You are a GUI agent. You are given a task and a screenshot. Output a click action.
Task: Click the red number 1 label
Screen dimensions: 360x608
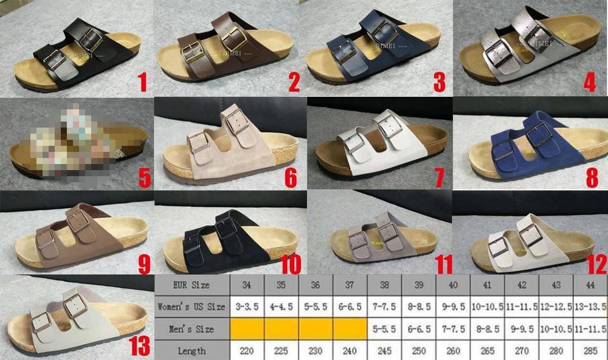pos(143,82)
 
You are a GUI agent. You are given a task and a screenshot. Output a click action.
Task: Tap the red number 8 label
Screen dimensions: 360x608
pos(591,177)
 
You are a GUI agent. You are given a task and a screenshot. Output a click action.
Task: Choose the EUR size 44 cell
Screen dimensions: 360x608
pos(590,285)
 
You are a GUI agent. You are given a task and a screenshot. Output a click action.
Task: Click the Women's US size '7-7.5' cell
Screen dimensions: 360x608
pos(384,307)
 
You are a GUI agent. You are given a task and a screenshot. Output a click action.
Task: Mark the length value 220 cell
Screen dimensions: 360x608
pos(247,350)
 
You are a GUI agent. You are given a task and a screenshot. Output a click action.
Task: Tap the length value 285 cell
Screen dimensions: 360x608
pos(590,350)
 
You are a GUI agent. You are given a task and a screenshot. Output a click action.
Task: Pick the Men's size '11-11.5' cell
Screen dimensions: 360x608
pos(590,329)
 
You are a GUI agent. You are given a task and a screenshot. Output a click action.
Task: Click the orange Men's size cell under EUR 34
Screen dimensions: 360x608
pos(247,329)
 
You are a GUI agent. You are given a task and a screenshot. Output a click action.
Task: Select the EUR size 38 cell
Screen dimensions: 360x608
pos(384,285)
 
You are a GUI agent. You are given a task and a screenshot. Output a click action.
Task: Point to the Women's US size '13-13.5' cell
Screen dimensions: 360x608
pos(590,307)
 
